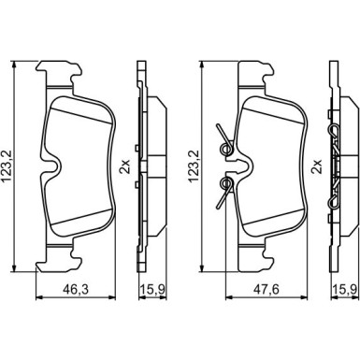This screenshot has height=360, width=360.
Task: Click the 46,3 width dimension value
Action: tap(76, 289)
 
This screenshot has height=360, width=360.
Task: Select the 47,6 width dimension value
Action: tap(266, 289)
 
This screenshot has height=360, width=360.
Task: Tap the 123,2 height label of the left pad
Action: tap(7, 166)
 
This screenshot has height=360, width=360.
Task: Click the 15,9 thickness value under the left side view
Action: tap(152, 289)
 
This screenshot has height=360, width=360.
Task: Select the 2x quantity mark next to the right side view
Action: tap(317, 166)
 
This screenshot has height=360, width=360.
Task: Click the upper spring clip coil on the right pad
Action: tap(226, 149)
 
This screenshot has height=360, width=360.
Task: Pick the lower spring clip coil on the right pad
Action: tap(226, 183)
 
